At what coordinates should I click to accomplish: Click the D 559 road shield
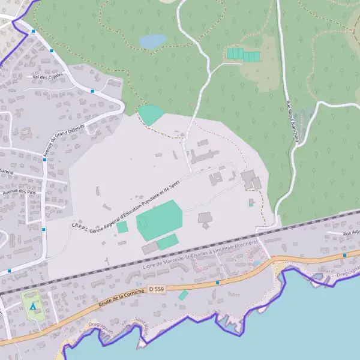(155, 290)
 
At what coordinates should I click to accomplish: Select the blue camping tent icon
(33, 307)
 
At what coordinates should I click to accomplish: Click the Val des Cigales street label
(48, 77)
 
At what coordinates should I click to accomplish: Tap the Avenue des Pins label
(19, 192)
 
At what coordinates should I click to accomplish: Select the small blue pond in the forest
(152, 41)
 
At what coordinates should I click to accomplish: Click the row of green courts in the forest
(243, 55)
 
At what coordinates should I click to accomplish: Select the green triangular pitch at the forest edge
(150, 115)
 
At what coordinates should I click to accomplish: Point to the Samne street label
(7, 172)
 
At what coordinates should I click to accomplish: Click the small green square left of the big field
(122, 227)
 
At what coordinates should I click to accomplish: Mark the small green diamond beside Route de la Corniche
(183, 295)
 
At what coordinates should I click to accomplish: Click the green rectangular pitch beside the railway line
(167, 242)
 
